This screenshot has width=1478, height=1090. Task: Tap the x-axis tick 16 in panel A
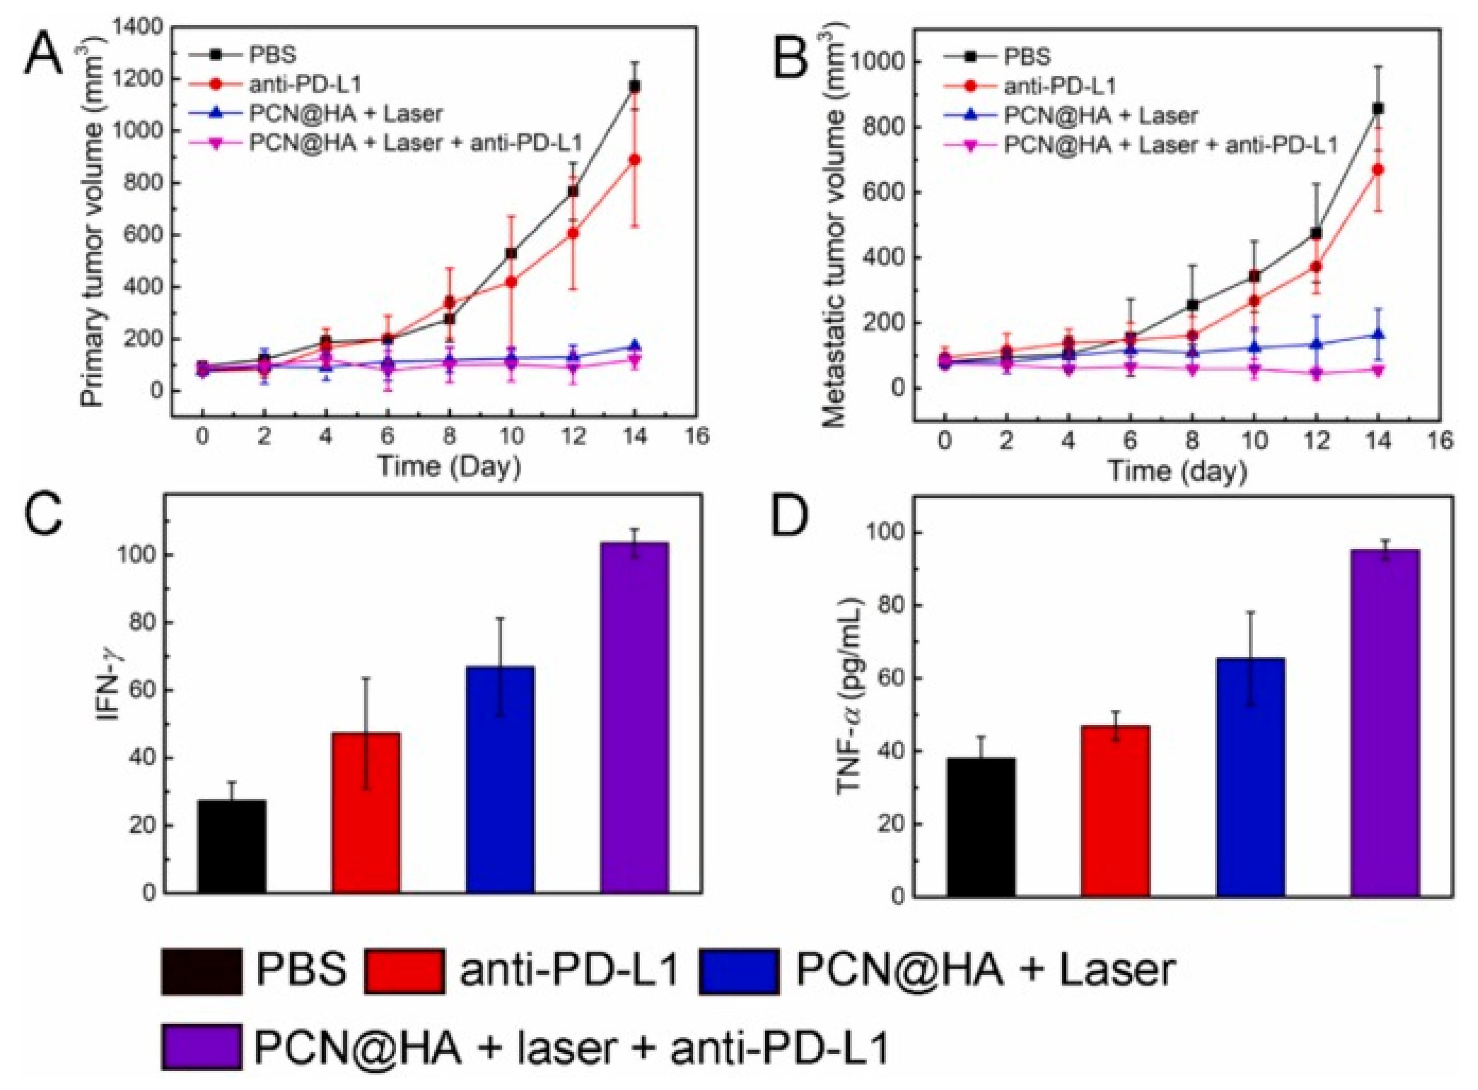697,436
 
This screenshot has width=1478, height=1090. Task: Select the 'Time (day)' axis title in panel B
1176,471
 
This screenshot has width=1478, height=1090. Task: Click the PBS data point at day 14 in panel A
635,86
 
